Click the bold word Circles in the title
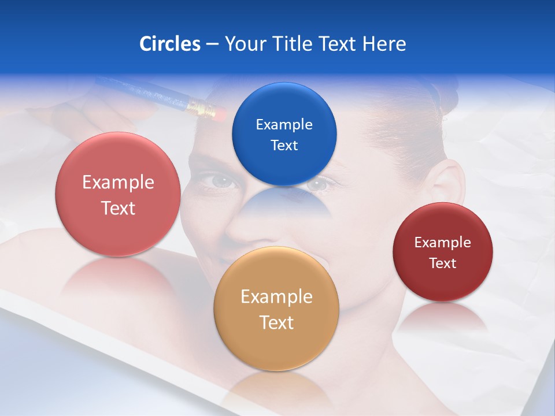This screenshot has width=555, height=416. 169,44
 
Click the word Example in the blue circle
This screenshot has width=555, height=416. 284,125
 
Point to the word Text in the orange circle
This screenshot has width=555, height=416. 276,322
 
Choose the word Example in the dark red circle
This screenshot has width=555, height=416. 442,243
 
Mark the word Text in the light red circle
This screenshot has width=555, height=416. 118,208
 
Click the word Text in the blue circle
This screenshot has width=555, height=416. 284,146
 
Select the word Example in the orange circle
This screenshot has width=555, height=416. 276,297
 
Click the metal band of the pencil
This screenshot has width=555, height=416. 199,106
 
